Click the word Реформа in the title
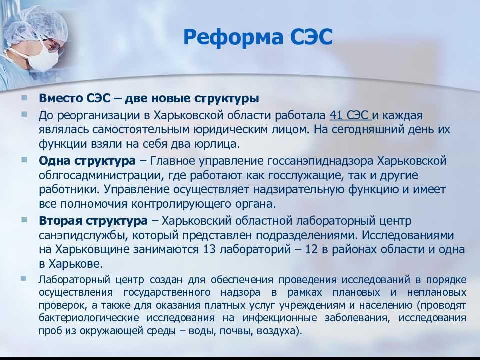233,38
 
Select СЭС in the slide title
311,37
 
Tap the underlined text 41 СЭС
349,115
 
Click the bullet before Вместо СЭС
24,98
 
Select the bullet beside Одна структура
24,160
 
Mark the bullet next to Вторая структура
24,220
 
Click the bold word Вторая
60,220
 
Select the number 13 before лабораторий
209,249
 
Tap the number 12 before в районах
311,249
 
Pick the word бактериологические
89,318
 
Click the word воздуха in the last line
276,331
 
